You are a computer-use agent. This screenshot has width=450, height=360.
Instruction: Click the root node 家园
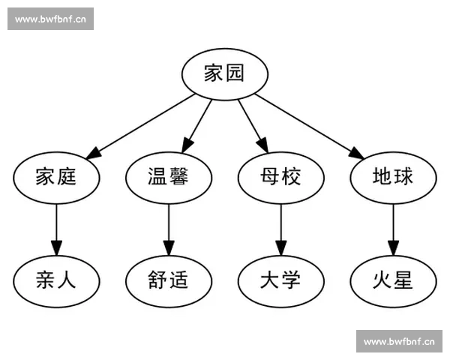(x=225, y=73)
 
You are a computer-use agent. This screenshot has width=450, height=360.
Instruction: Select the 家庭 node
(x=56, y=177)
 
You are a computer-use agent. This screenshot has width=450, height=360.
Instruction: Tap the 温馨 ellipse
(x=168, y=177)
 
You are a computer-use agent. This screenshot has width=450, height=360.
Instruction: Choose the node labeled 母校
(x=280, y=177)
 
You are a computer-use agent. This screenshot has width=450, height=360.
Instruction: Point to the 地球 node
(x=393, y=177)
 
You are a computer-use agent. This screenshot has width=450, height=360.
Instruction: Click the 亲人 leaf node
(x=56, y=280)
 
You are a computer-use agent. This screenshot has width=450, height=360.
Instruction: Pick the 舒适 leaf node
(x=168, y=280)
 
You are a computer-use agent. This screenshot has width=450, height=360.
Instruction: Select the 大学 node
(x=280, y=280)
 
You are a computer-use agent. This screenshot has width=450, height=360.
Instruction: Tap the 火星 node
(x=393, y=280)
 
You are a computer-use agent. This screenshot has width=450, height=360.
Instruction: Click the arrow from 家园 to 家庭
(x=142, y=125)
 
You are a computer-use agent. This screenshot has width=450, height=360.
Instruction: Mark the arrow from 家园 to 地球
(x=307, y=125)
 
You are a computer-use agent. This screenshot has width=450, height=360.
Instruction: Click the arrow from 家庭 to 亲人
(x=56, y=229)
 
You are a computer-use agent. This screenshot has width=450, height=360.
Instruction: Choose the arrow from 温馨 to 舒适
(x=168, y=229)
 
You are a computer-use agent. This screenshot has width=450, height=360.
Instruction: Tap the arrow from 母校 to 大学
(x=280, y=229)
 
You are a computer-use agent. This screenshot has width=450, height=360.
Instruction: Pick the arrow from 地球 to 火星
(x=393, y=229)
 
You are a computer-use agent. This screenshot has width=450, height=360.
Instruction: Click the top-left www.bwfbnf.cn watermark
(x=51, y=19)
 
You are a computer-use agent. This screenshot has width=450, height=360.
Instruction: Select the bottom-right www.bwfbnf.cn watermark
(x=399, y=341)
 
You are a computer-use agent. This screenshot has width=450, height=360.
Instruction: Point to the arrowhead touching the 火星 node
(x=393, y=249)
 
